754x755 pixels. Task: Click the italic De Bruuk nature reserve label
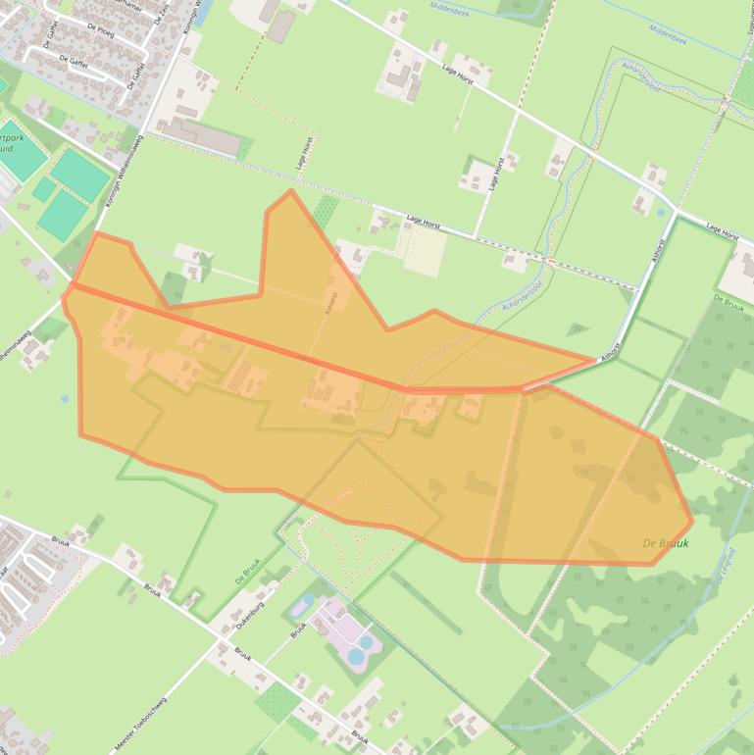666,543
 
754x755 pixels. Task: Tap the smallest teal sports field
43,188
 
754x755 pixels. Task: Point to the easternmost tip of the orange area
691,520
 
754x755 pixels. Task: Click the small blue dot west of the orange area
65,399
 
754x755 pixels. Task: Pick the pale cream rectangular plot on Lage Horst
423,251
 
